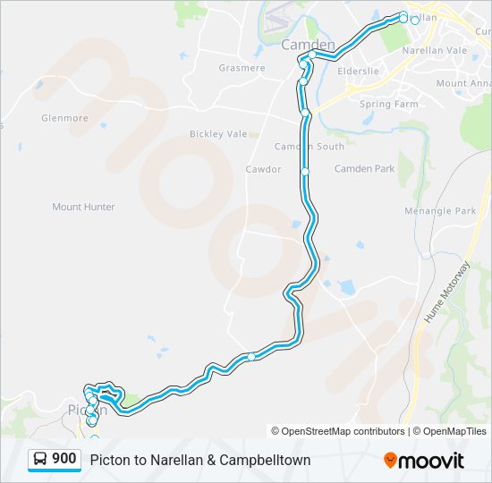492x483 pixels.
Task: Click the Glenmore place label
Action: tap(64, 117)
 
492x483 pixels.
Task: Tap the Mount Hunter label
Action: tap(83, 207)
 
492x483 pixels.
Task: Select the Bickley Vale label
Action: tap(218, 134)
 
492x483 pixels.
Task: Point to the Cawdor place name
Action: tap(263, 169)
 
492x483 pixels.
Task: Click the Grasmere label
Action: tap(242, 68)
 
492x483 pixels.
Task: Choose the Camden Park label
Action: tap(364, 168)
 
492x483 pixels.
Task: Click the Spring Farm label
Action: tap(388, 104)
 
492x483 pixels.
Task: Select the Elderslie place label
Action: tap(370, 68)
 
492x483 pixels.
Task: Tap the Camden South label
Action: tap(309, 146)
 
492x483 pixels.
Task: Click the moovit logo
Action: tap(424, 461)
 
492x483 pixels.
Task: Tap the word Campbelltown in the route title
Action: tap(267, 460)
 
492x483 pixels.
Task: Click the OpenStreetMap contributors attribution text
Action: tap(339, 431)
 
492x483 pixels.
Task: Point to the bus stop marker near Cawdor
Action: tap(305, 170)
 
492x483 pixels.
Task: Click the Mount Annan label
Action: tap(463, 83)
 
